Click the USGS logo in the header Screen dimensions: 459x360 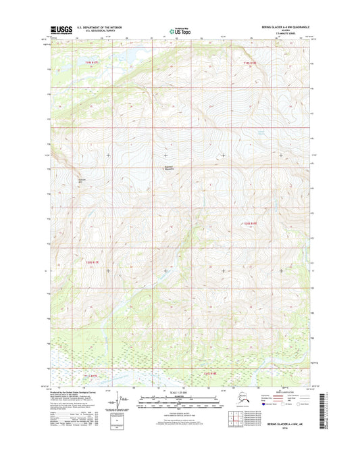tap(61, 30)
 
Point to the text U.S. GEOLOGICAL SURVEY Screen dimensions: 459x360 tap(100, 32)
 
